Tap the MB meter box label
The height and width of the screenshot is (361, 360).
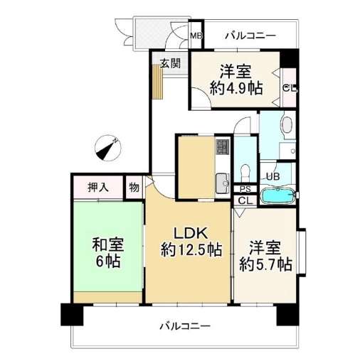(x=196, y=36)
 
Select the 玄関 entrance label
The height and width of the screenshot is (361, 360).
(x=170, y=63)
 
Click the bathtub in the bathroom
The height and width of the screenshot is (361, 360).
(x=277, y=195)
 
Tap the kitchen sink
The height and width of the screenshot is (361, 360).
(x=222, y=183)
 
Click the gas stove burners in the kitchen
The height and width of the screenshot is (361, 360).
(x=222, y=147)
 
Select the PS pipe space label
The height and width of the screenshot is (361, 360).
(x=245, y=189)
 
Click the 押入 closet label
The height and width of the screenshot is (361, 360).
(x=98, y=188)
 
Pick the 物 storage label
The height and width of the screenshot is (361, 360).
(x=134, y=188)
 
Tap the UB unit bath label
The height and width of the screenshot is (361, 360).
(x=273, y=176)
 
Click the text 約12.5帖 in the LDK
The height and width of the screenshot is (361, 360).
(x=191, y=249)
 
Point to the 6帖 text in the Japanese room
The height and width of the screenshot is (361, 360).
(x=107, y=261)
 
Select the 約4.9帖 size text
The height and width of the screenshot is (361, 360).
(x=236, y=89)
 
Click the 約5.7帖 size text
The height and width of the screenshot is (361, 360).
(x=265, y=264)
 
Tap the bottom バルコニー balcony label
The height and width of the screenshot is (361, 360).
(x=185, y=327)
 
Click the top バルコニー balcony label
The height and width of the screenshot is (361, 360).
(x=250, y=36)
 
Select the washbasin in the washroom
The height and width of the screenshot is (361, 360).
(x=287, y=124)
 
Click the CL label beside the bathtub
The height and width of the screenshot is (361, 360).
(x=245, y=201)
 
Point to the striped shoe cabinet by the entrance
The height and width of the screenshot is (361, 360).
(x=157, y=82)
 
